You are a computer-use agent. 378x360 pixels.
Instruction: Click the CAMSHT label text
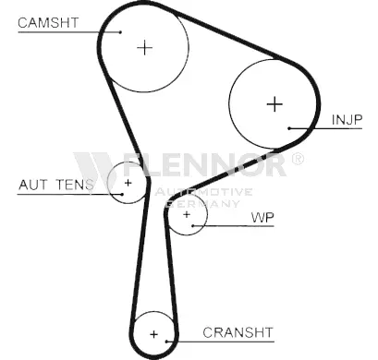(x=48, y=23)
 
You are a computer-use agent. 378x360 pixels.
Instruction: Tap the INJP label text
(x=347, y=120)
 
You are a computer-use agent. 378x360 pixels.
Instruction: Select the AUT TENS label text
(x=56, y=185)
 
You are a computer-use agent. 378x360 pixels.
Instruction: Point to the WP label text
(x=262, y=218)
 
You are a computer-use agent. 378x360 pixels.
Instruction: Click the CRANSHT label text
(x=238, y=332)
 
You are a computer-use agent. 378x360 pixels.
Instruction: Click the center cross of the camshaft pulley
(x=144, y=48)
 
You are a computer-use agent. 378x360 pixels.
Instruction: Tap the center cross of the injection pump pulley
(x=274, y=104)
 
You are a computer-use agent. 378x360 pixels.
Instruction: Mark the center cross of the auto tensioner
(x=128, y=183)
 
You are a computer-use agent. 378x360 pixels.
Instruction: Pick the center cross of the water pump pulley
(x=187, y=214)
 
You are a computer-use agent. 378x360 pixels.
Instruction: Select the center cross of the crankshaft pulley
(x=153, y=334)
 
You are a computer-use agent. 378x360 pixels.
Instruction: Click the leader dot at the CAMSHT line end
(x=121, y=32)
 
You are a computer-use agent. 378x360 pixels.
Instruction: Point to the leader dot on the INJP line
(x=289, y=128)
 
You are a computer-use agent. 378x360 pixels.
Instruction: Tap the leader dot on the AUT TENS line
(x=122, y=194)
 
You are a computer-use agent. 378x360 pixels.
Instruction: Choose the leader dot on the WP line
(x=193, y=226)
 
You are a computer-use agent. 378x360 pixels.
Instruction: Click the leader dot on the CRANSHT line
(x=166, y=342)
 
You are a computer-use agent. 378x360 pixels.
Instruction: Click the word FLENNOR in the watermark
(x=204, y=164)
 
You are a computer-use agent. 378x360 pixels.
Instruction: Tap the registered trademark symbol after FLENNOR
(x=298, y=159)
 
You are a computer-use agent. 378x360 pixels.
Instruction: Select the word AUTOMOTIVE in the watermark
(x=203, y=192)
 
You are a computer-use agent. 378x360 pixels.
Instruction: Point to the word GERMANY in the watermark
(x=202, y=203)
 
